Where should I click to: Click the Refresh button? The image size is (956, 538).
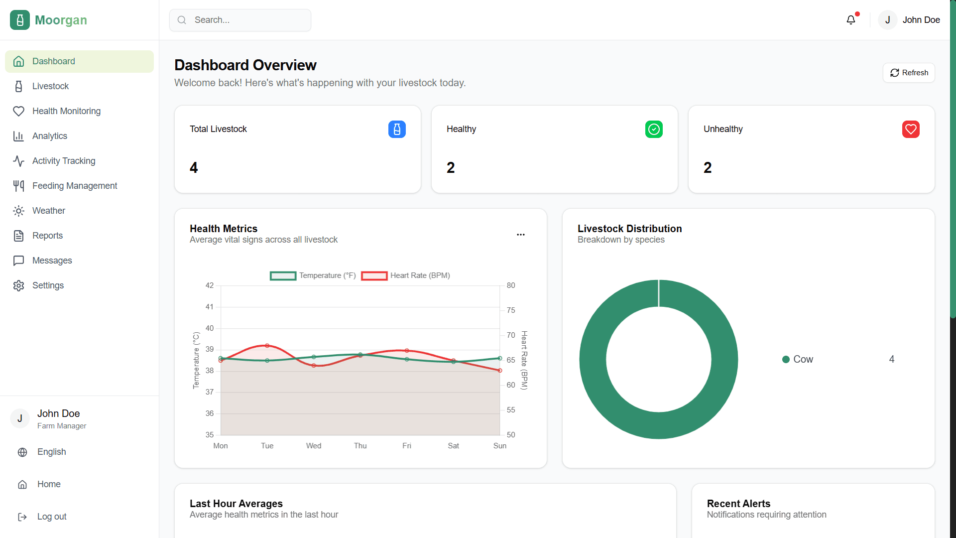coord(909,73)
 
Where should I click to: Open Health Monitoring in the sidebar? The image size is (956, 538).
coord(66,111)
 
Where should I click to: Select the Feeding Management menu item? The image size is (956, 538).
coord(75,186)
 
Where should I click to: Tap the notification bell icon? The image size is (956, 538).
coord(851,20)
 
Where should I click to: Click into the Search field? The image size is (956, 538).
coord(244,20)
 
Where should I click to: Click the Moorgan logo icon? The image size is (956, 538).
coord(20,20)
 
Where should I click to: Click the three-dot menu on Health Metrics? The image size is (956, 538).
coord(521,235)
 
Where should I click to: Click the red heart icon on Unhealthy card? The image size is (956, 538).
coord(911,130)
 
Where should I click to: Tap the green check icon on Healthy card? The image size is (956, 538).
coord(654,130)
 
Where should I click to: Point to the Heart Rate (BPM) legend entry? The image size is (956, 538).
coord(420,275)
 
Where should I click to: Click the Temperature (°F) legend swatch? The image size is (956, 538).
coord(283,276)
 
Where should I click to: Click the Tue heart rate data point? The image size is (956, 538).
coord(267,346)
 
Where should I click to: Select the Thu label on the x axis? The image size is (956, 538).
coord(360,446)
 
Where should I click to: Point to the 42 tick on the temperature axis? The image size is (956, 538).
coord(210,285)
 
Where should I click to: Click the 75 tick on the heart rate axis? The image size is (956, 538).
coord(511,310)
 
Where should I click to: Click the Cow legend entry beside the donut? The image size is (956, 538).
coord(798,359)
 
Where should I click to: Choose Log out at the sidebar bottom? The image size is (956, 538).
coord(51,517)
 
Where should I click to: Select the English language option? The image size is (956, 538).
coord(51,452)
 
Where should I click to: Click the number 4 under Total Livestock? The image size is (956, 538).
coord(194,168)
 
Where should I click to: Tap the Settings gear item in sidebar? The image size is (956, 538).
coord(48,285)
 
